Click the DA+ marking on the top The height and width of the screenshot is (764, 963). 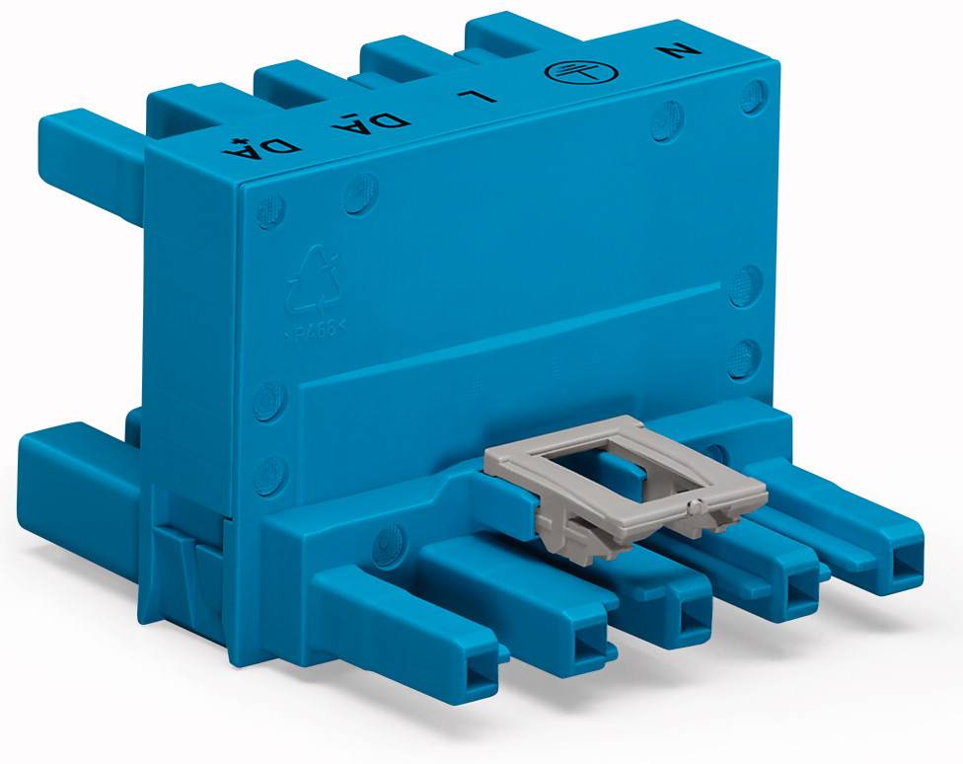pos(279,149)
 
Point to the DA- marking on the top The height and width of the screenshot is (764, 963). pos(385,124)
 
